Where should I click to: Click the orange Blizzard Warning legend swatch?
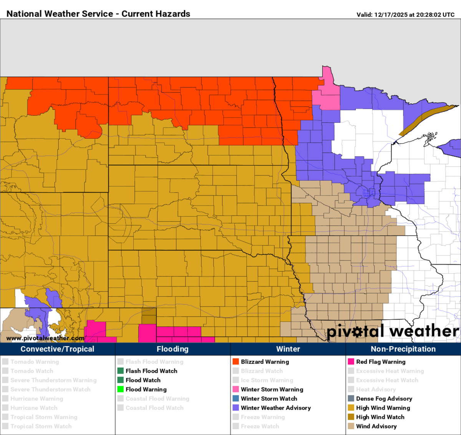[235, 362]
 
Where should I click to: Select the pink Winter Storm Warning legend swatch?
[235, 389]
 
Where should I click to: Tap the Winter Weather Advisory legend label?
[275, 408]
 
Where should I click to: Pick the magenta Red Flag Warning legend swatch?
[351, 362]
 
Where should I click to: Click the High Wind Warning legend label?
[383, 408]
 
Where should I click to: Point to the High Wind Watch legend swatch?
[351, 417]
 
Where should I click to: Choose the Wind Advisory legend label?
[376, 426]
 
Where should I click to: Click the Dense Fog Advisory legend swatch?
[351, 398]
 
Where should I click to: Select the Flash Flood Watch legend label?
[151, 371]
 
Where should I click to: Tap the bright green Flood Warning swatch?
[120, 389]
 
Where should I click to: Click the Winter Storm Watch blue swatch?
[235, 398]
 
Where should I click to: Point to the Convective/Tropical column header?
[57, 349]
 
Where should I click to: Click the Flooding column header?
[172, 349]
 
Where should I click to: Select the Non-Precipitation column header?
[403, 349]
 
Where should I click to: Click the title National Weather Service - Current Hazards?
[98, 14]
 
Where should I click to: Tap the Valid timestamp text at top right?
[405, 15]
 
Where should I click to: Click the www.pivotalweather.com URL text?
[45, 338]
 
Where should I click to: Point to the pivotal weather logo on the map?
[393, 331]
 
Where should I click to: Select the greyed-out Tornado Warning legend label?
[35, 362]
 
